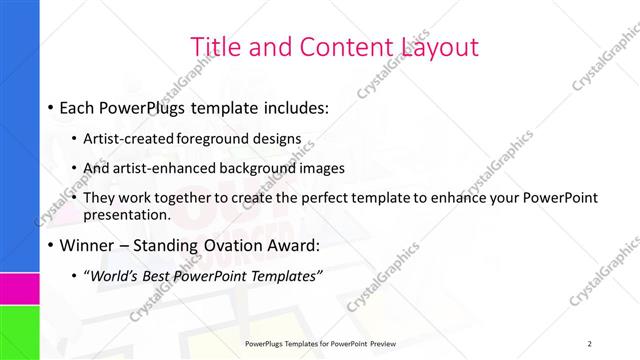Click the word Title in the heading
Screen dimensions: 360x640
click(215, 46)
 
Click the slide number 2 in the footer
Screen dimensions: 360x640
click(590, 343)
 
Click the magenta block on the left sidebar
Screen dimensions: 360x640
click(19, 289)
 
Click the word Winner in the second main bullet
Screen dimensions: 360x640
click(89, 243)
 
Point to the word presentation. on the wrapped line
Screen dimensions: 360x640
click(128, 214)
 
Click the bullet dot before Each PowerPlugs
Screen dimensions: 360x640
click(51, 107)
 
